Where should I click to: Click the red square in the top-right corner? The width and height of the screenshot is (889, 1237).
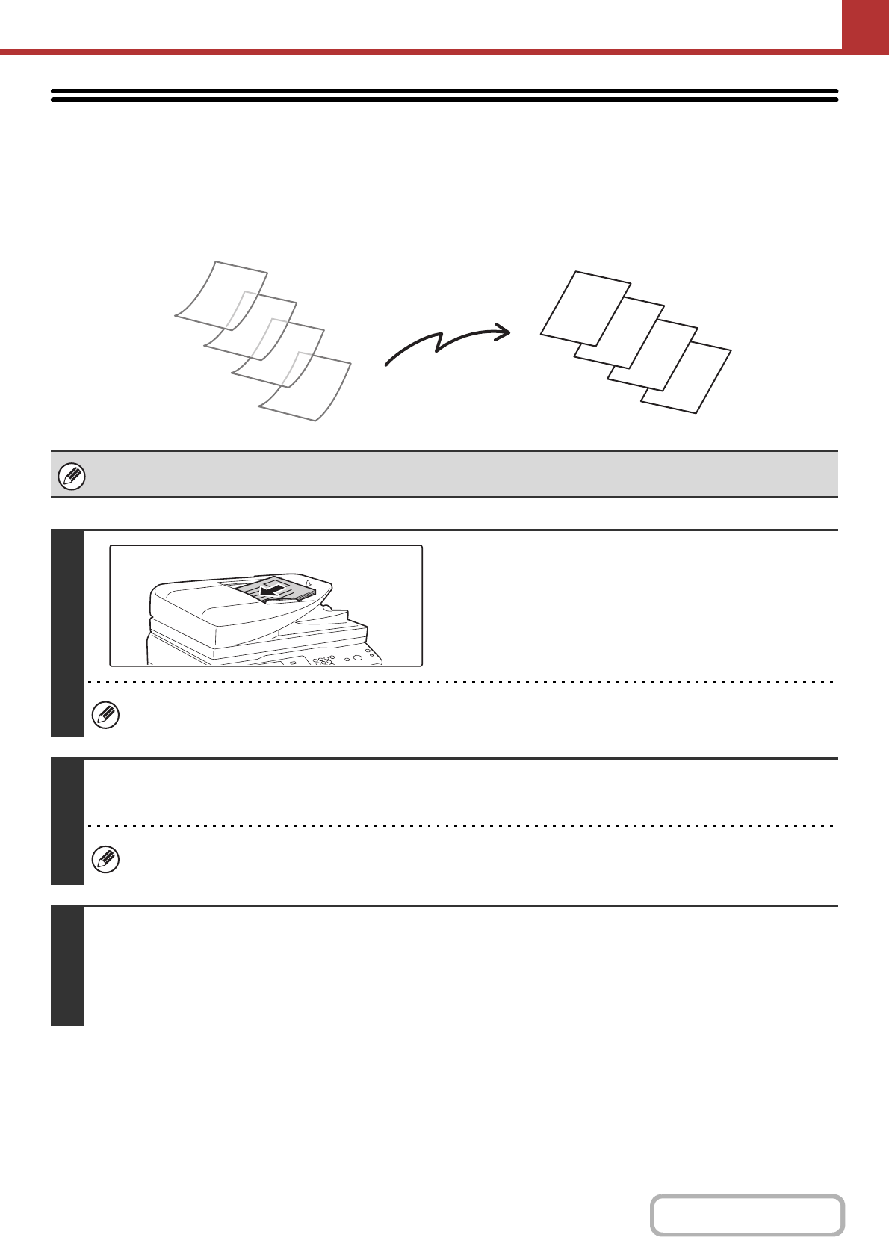[x=865, y=25]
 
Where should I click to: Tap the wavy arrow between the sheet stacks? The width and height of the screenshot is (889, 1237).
[x=447, y=346]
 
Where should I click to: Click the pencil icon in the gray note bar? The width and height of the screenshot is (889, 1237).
[x=72, y=476]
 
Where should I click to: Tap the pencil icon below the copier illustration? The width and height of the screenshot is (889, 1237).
[x=105, y=716]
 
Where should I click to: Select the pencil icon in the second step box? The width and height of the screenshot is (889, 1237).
[x=105, y=860]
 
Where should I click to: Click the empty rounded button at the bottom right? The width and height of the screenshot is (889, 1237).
[x=746, y=1215]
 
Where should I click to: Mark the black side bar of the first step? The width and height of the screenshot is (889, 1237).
[x=67, y=633]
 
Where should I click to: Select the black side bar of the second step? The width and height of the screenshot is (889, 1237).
[x=67, y=821]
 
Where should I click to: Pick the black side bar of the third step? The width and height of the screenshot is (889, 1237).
[x=67, y=965]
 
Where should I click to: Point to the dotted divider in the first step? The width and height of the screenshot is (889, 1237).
[x=459, y=682]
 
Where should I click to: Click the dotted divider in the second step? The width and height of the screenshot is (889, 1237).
[x=459, y=826]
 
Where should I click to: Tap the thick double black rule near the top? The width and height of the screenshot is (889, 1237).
[x=444, y=96]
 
